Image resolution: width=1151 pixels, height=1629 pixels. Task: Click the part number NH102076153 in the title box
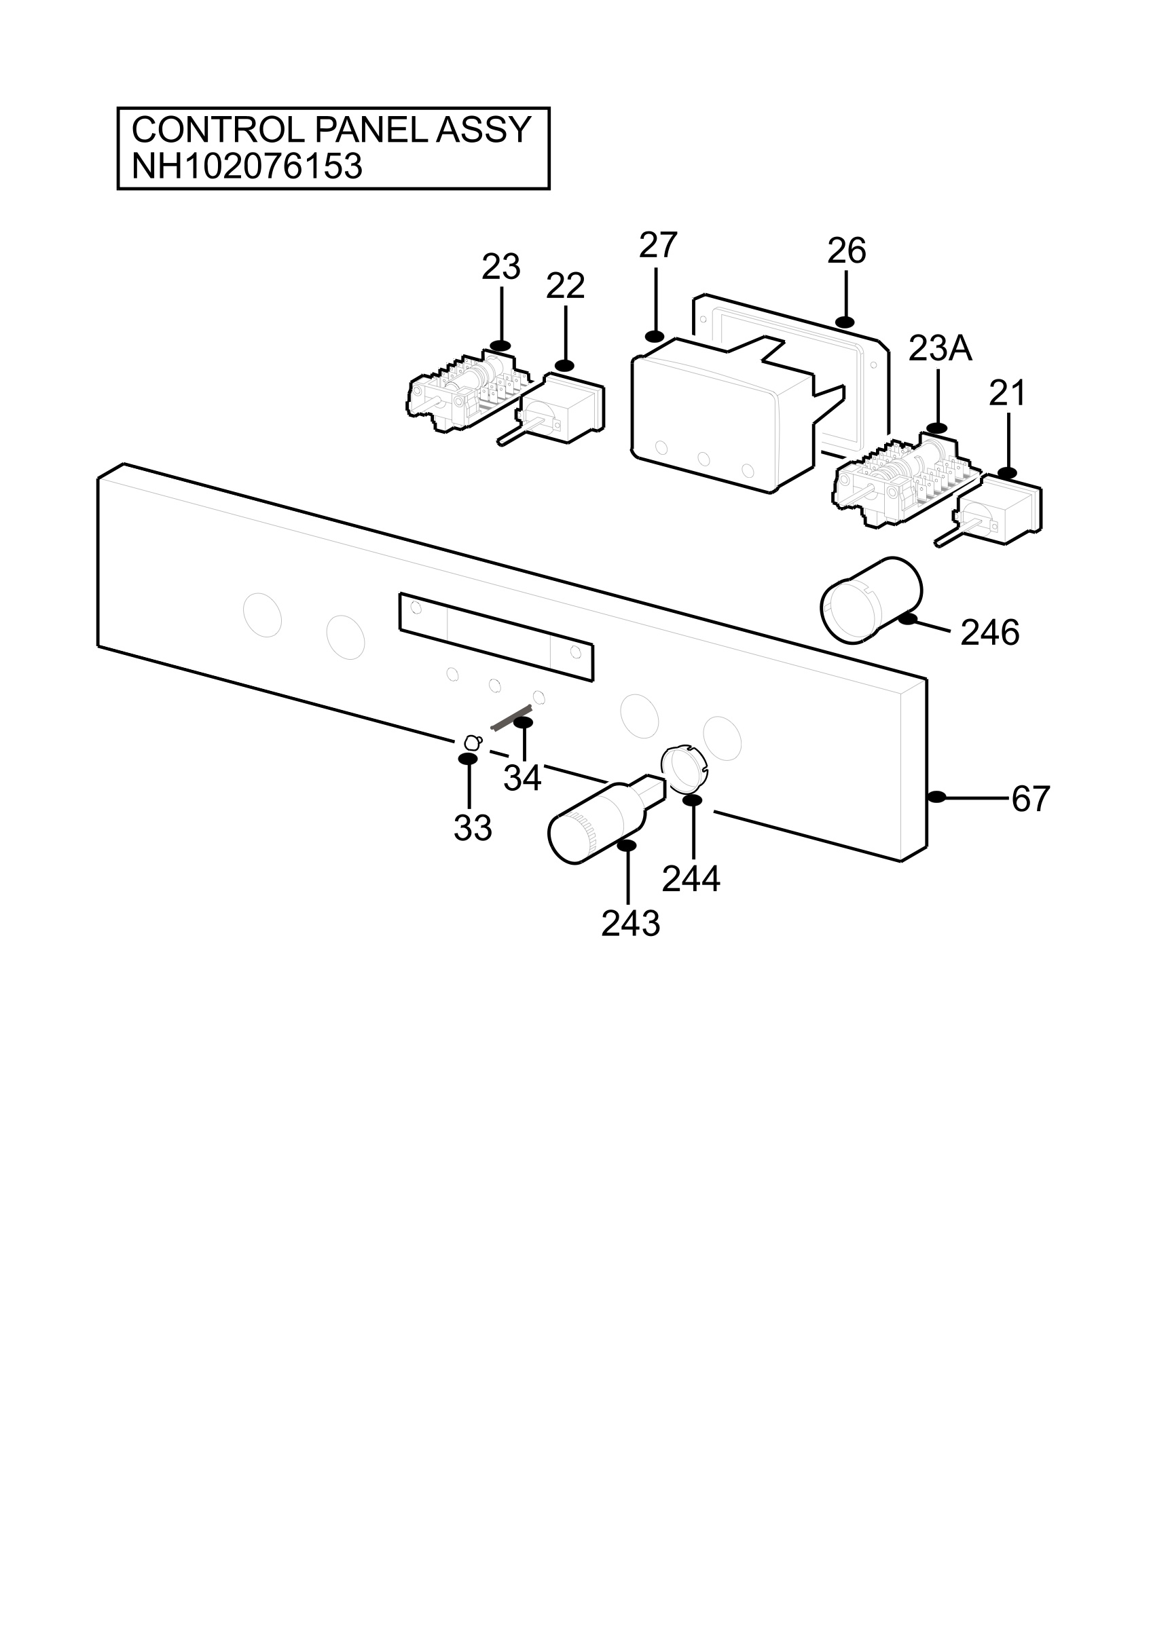247,167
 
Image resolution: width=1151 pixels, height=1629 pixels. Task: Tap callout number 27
658,246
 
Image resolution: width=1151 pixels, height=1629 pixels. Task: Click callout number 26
847,250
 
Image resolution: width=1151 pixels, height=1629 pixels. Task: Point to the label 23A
940,348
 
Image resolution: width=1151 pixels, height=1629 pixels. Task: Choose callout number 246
990,633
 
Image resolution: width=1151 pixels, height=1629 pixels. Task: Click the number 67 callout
1030,799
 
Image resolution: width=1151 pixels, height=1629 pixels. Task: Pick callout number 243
630,924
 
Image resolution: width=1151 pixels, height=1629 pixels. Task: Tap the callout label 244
691,879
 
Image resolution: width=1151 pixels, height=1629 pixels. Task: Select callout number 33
473,827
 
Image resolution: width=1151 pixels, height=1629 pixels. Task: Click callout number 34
522,779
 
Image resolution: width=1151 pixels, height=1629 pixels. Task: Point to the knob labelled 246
871,600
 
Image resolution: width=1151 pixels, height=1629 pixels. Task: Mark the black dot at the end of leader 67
936,797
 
